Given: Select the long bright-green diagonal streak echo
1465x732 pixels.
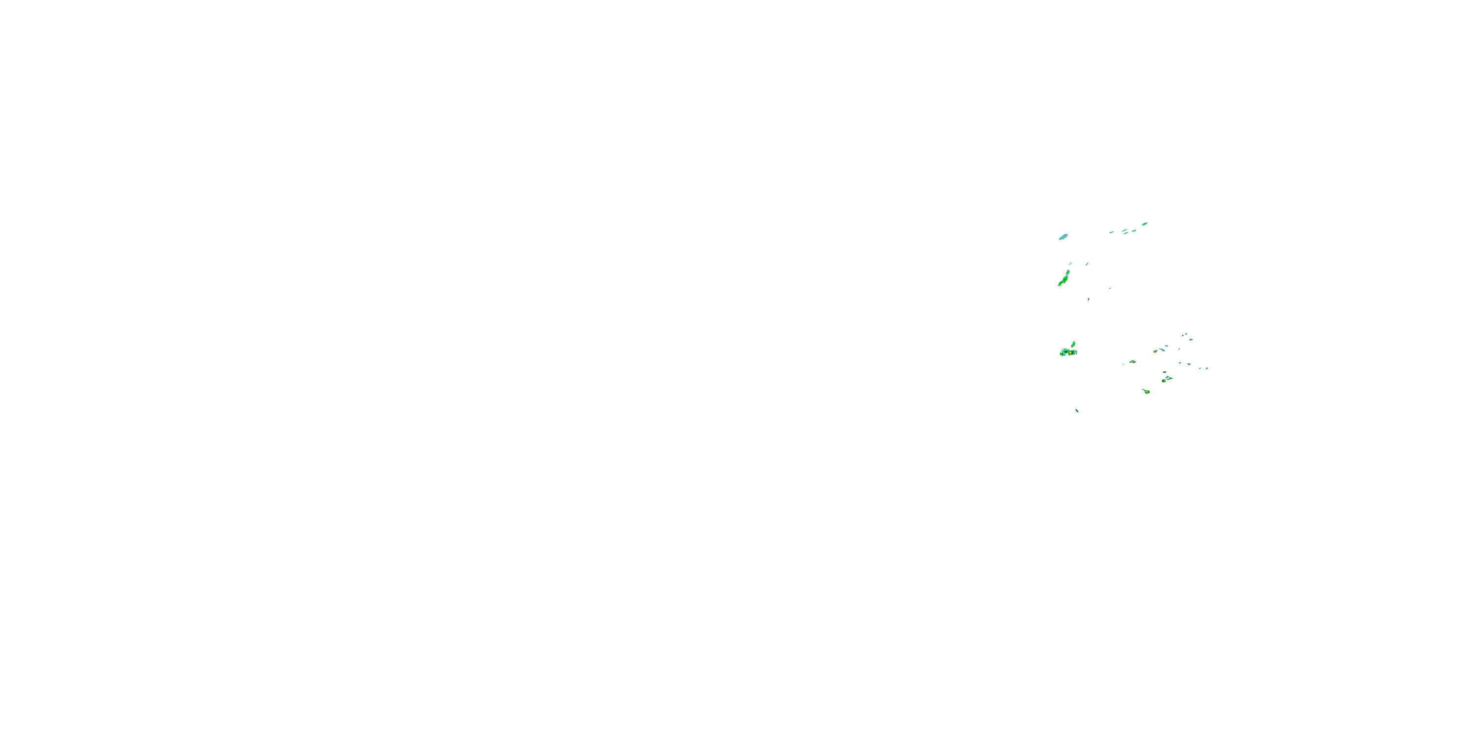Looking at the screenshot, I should click(x=1063, y=279).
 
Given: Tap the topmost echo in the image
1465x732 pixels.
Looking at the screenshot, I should click(x=1145, y=224).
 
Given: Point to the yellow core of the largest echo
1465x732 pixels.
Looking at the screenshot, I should click(x=1071, y=353).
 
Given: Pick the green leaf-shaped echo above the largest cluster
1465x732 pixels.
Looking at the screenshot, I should click(x=1073, y=344).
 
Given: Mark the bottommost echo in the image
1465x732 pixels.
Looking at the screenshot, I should click(x=1077, y=411).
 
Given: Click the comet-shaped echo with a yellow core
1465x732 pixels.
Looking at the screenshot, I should click(x=1146, y=391).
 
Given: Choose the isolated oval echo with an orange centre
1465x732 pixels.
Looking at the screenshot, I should click(x=1132, y=362).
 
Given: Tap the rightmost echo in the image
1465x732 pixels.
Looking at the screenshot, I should click(x=1207, y=368).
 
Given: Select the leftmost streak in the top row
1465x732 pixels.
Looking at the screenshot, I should click(x=1111, y=232).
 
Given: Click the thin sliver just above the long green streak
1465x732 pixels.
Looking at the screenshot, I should click(x=1070, y=263).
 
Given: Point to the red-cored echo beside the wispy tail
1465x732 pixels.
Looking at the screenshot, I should click(x=1155, y=351).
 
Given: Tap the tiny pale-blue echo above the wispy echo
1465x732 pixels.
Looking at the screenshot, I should click(x=1167, y=346).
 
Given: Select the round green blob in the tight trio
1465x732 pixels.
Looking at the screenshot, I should click(x=1164, y=381).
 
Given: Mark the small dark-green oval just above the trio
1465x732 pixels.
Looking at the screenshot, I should click(x=1164, y=372).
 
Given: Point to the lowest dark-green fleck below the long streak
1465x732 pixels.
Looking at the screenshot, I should click(x=1088, y=300).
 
